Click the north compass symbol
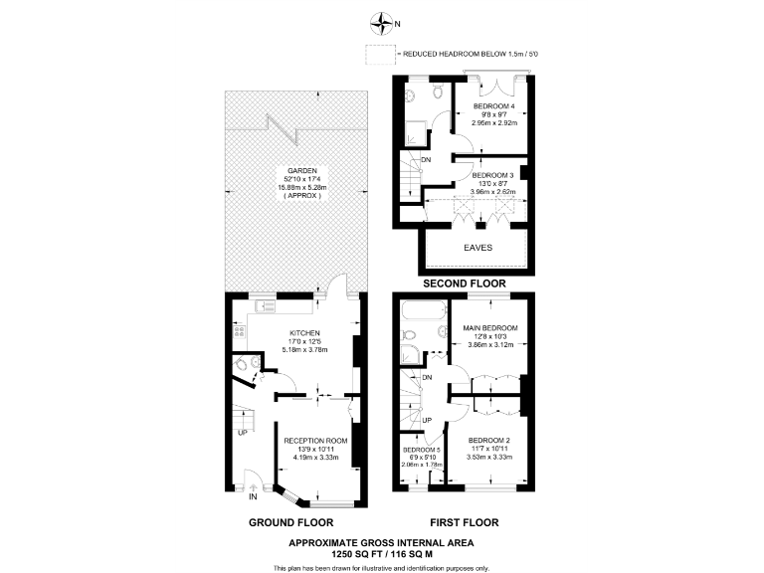coord(377,19)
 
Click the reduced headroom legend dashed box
coord(379,53)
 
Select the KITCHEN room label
coord(303,333)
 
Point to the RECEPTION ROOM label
coord(315,440)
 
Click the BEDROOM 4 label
coord(493,106)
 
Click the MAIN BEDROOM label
coord(493,327)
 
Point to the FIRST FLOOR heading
coord(464,522)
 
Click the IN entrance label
coord(253,496)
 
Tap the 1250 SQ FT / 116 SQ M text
coord(381,553)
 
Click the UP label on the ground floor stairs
coord(242,434)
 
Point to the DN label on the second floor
coord(427,160)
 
